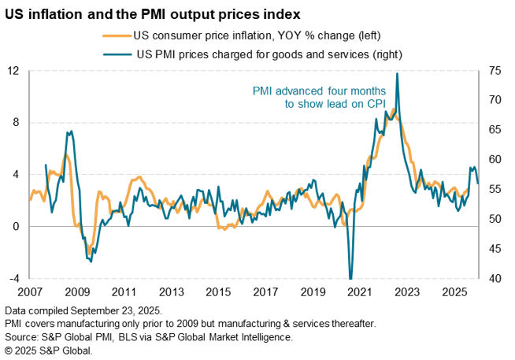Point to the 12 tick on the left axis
pos(13,70)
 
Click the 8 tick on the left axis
pos(16,122)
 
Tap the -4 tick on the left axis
pos(13,278)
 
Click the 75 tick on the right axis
pos(495,70)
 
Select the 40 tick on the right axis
pos(495,278)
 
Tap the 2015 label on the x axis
pos(219,291)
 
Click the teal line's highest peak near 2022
pos(397,73)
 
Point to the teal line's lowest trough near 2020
pos(350,277)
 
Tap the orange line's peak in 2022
pos(393,109)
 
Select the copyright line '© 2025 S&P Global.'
pos(49,350)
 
